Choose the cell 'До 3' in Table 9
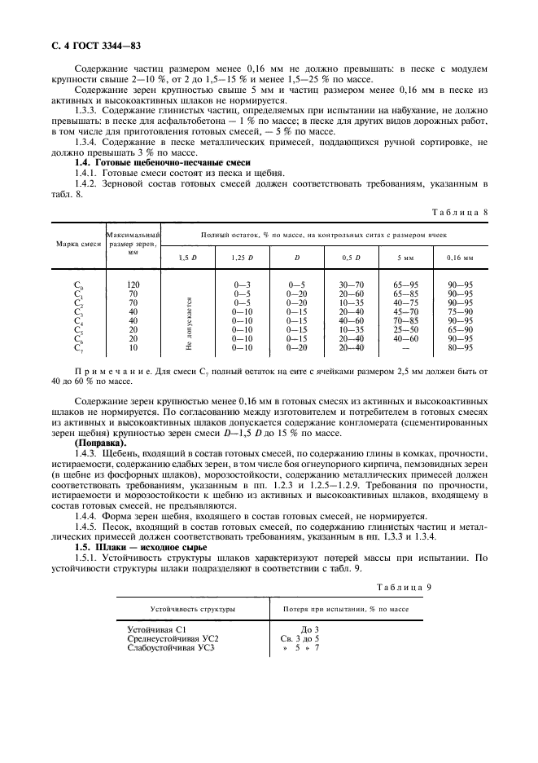click(x=310, y=628)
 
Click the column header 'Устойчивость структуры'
click(x=192, y=609)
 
